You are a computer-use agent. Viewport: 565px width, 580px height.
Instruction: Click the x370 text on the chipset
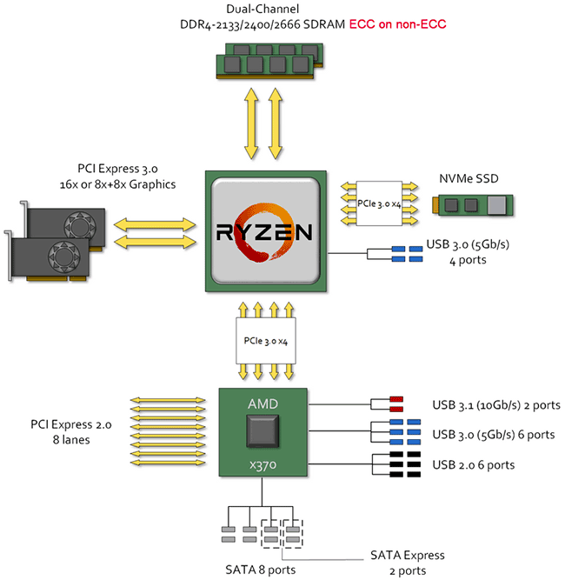(x=264, y=467)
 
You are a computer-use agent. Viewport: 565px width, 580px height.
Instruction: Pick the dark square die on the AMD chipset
(x=264, y=433)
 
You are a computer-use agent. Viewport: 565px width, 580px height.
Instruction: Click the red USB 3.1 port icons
(x=395, y=404)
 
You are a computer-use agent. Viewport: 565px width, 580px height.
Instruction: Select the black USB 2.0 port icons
(x=395, y=464)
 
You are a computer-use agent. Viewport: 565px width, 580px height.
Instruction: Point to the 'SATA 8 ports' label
(x=259, y=569)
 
